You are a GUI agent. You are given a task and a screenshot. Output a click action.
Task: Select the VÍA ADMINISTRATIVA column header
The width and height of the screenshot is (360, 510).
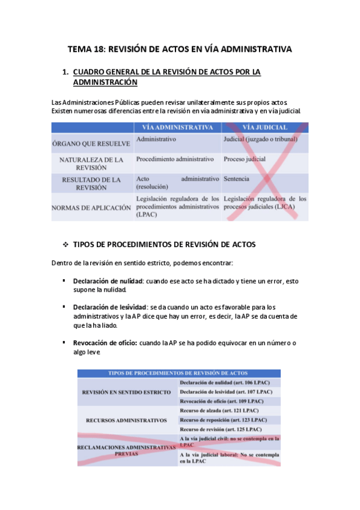pos(177,127)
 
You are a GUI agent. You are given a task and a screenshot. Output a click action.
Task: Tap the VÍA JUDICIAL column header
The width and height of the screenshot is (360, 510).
pos(264,127)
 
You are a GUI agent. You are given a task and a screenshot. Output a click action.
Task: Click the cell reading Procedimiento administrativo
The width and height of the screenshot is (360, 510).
pos(175,159)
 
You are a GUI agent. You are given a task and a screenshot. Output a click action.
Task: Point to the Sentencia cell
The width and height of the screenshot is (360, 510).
pos(236,179)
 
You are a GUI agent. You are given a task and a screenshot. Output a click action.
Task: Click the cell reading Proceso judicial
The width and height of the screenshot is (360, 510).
pos(245,159)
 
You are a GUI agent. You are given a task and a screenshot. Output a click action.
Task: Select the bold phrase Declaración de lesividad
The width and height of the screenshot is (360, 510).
pos(109,307)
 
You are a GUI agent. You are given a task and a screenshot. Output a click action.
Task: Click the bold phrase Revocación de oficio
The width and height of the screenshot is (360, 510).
pos(105,343)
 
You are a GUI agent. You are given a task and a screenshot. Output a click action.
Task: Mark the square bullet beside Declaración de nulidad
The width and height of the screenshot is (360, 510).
pos(64,281)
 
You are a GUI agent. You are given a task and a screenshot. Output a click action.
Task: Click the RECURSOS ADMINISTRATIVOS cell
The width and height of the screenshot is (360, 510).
pos(127,420)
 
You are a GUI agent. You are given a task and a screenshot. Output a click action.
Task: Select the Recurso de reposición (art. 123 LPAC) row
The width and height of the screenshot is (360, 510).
pos(223,420)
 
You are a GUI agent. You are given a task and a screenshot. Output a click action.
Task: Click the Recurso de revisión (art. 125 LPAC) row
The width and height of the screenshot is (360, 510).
pos(221,429)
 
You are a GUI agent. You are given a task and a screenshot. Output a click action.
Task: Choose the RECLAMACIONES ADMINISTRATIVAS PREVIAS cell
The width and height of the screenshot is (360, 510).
pos(127,451)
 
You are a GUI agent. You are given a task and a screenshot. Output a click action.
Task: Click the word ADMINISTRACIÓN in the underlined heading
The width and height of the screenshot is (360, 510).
pos(105,82)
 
